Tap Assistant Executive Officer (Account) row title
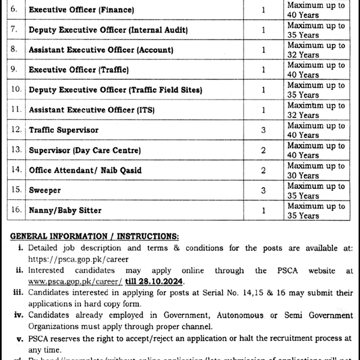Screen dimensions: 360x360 101,50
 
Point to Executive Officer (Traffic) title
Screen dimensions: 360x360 79,70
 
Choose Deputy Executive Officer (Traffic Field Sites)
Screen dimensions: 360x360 115,90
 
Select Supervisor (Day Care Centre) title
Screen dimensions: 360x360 85,149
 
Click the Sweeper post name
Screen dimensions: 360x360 45,190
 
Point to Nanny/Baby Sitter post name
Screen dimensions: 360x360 65,211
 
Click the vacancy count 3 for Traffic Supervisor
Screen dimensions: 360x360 263,130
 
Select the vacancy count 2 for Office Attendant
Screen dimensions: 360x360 263,170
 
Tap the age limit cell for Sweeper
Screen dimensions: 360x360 316,190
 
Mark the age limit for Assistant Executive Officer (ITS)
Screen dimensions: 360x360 316,110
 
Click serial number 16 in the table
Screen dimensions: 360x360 16,211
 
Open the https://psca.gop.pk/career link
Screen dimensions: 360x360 76,259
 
